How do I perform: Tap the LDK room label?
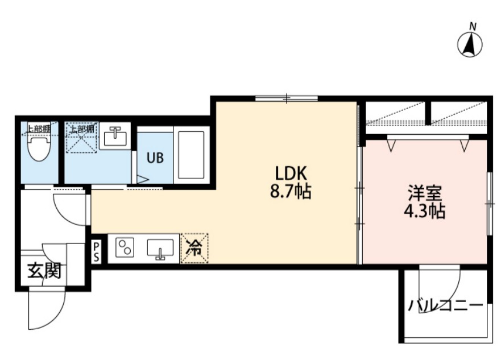tap(291, 174)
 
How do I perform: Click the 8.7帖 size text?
tap(291, 192)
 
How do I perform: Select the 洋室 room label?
tap(425, 193)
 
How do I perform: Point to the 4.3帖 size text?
tap(425, 211)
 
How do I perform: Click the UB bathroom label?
tap(155, 158)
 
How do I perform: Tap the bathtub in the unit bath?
tap(191, 155)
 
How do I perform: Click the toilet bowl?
tap(39, 147)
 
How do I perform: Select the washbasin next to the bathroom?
tap(115, 136)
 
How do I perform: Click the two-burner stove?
tap(125, 247)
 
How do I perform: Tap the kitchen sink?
tap(160, 249)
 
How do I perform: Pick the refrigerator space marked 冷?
tap(194, 248)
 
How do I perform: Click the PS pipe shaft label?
tap(96, 252)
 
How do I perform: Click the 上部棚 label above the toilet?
tap(38, 129)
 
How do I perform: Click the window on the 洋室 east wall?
tap(490, 204)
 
